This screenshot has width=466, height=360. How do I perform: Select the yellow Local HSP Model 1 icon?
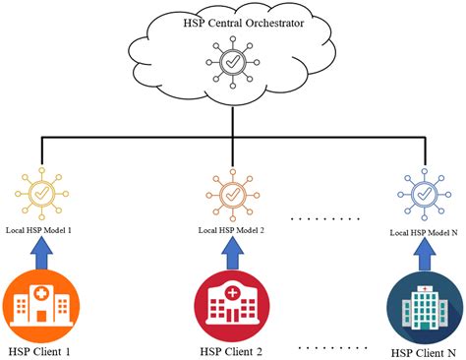click(x=40, y=194)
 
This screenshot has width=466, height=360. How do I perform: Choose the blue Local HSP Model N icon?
click(x=425, y=194)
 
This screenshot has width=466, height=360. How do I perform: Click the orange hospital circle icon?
click(x=40, y=304)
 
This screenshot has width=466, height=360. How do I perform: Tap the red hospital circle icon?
click(x=232, y=304)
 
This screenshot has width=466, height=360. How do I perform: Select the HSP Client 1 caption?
click(x=40, y=349)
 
